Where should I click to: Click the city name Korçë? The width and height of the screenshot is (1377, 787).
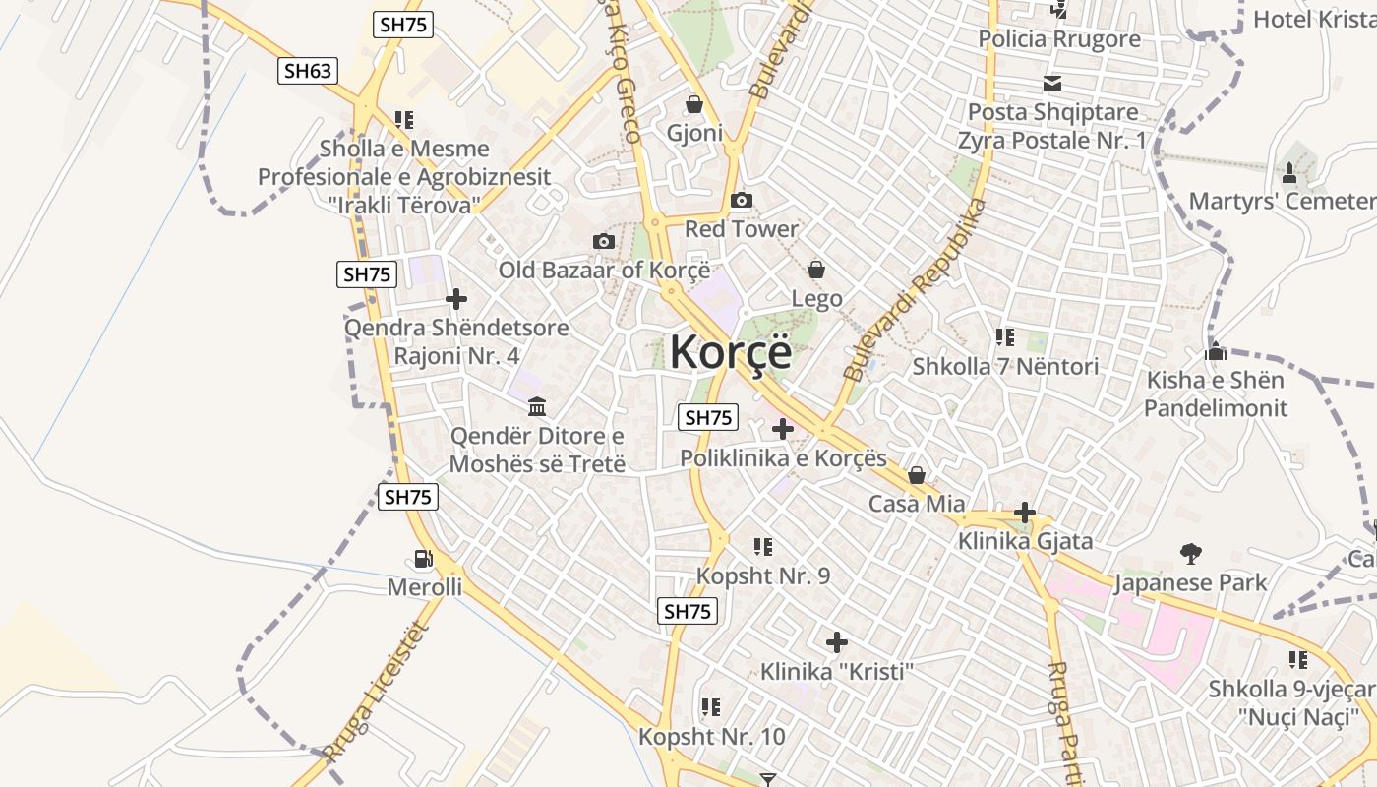(730, 352)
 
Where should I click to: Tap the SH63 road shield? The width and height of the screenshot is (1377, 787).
(308, 70)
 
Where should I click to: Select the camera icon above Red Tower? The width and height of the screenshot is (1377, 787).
(742, 201)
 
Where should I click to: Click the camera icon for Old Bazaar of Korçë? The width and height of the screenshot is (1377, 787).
(604, 241)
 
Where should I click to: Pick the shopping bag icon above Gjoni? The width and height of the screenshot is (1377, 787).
(694, 104)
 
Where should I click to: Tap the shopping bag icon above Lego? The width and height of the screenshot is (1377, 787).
(816, 269)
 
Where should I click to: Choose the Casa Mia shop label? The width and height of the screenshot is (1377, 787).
(917, 504)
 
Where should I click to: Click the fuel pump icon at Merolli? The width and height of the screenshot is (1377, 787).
(424, 559)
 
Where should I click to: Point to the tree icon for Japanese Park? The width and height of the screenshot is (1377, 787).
(1191, 554)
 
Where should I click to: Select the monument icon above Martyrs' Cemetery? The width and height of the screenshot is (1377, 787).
(1289, 173)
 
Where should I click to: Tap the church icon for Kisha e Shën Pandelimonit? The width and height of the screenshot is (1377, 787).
(1216, 351)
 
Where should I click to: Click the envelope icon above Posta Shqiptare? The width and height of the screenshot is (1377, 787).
(1052, 84)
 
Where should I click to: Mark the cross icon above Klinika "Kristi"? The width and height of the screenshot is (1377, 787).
(837, 642)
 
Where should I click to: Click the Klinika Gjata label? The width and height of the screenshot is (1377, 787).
(1026, 540)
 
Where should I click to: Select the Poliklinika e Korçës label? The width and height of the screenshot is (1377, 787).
(784, 458)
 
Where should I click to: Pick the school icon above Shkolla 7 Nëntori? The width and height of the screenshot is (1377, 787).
(1004, 337)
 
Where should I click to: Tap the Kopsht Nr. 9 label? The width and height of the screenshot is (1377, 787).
(763, 575)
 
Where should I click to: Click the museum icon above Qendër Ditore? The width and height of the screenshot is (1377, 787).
(537, 406)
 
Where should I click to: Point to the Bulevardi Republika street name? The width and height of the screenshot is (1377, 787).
(914, 291)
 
